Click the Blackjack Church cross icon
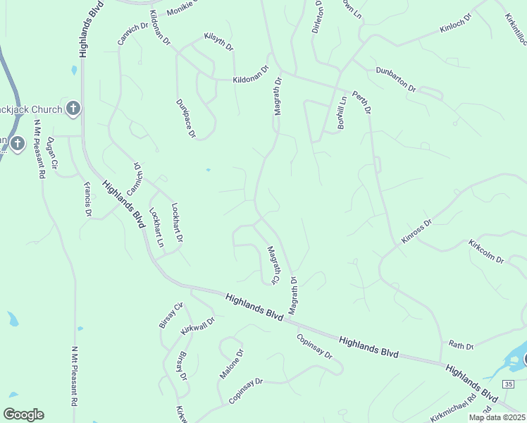pos(73,109)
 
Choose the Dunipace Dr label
pos(185,118)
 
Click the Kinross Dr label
pos(416,232)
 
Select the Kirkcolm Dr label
pos(486,252)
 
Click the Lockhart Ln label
pos(156,228)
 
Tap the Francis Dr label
pos(88,199)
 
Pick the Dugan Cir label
pos(51,153)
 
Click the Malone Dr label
pos(231,364)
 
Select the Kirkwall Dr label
pos(197,325)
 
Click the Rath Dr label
pos(461,345)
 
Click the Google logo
pos(23,415)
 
